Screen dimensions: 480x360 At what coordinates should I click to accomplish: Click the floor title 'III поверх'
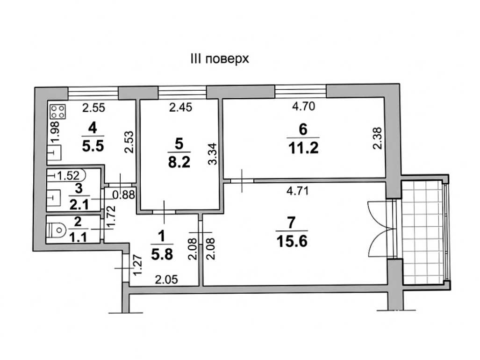[220, 59]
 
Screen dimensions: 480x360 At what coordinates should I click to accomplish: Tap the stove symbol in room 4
[58, 111]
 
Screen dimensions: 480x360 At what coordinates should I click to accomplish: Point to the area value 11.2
[303, 149]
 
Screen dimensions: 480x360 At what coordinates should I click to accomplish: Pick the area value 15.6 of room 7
[292, 242]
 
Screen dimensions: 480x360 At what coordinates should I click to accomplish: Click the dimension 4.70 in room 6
[303, 106]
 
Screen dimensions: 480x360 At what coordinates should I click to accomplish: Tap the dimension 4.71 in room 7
[297, 191]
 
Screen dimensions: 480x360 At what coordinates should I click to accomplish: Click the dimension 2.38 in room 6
[378, 138]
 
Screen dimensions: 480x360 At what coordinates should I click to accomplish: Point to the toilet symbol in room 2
[57, 230]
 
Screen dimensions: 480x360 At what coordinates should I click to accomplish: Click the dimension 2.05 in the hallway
[166, 280]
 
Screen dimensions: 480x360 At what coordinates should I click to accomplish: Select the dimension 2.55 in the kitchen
[93, 108]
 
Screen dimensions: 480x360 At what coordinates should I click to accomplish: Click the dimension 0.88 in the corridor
[124, 194]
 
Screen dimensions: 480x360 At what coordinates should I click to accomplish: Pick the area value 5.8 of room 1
[162, 255]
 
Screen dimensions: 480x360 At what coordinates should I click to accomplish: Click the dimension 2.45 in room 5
[180, 108]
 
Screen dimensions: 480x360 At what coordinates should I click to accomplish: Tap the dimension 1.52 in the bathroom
[68, 176]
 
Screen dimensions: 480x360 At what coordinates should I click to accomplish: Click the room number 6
[303, 130]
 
